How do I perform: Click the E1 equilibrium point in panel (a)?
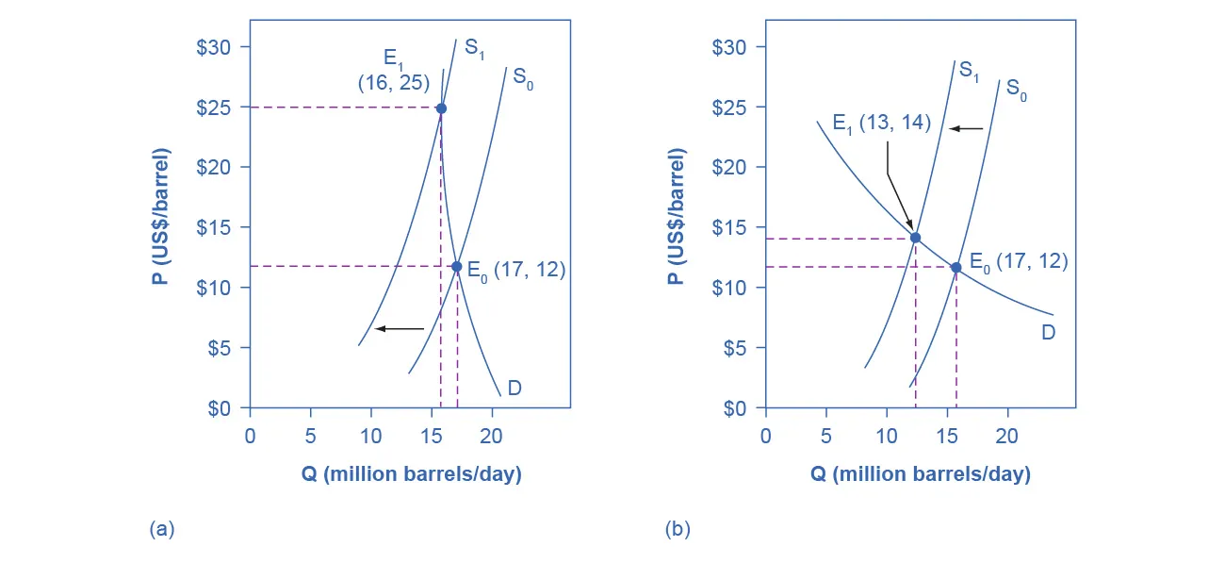(441, 108)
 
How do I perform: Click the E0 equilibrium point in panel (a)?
(457, 267)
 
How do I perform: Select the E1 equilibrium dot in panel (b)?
(915, 238)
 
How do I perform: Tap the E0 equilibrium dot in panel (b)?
(956, 268)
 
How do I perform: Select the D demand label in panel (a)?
(514, 388)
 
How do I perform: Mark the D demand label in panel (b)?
(1048, 332)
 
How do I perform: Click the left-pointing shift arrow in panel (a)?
(400, 328)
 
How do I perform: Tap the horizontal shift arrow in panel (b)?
(965, 128)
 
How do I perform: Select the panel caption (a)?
(162, 529)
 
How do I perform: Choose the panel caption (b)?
(678, 529)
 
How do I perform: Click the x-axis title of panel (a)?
(411, 473)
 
